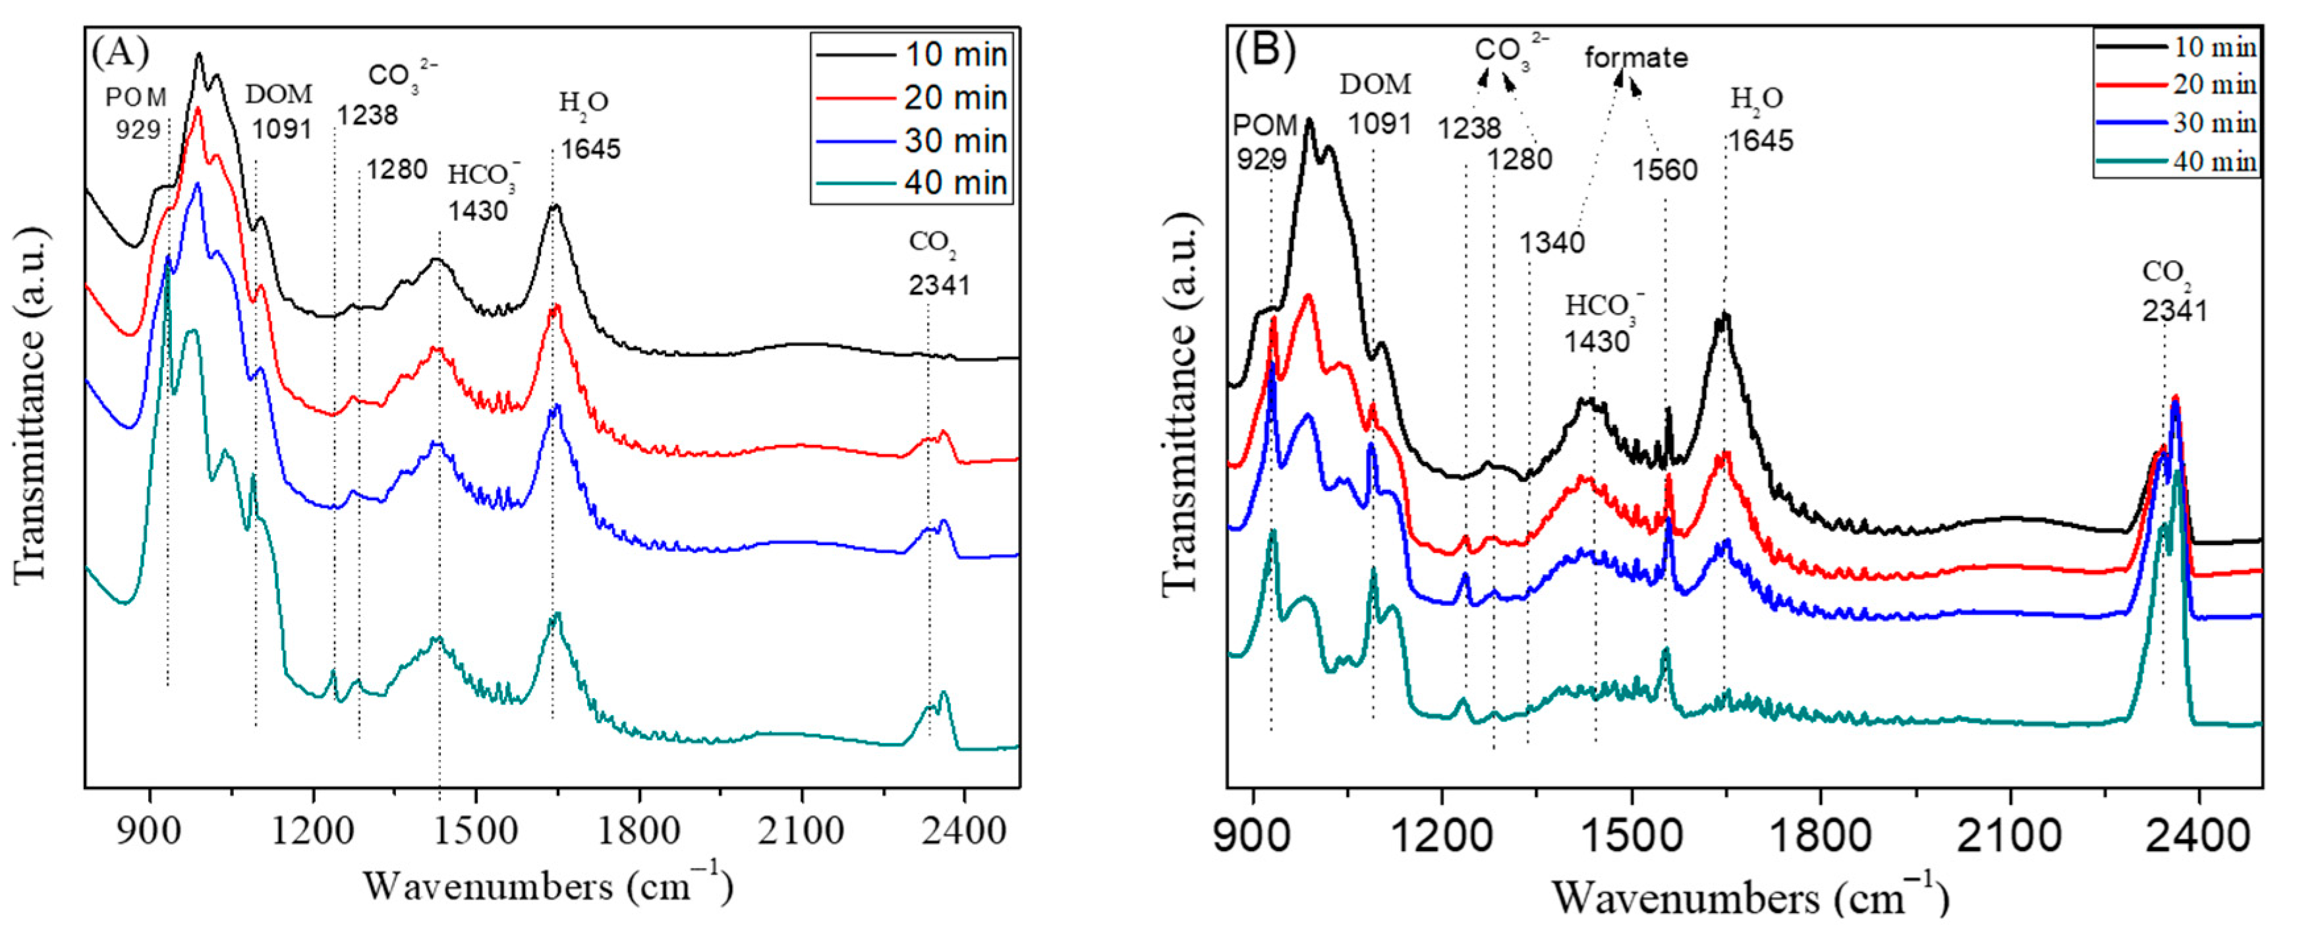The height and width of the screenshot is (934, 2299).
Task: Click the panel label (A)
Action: tap(119, 53)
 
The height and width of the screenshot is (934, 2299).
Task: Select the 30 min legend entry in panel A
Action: tap(954, 140)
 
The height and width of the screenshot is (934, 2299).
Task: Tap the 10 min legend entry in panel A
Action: tap(954, 55)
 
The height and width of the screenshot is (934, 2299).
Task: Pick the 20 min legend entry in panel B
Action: tap(2213, 85)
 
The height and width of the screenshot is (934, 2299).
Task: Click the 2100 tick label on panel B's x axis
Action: tap(2010, 836)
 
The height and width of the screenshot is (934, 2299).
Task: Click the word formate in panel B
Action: tap(1636, 58)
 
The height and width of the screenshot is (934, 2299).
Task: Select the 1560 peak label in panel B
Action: tap(1664, 169)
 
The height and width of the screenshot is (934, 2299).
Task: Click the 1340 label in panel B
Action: tap(1552, 242)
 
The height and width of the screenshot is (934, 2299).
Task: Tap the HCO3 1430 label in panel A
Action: tap(480, 192)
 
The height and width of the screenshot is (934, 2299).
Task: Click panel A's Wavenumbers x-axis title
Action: tap(547, 887)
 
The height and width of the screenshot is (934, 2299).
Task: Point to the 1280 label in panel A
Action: tap(396, 168)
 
